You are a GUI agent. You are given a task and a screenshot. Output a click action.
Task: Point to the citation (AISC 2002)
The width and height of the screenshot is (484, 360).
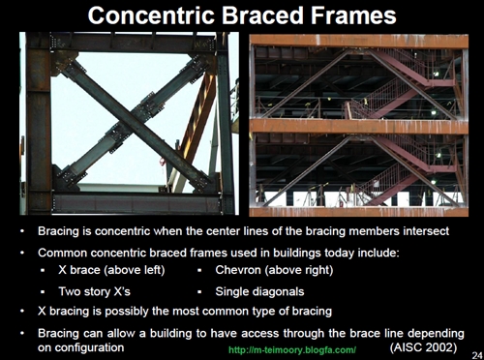(x=423, y=345)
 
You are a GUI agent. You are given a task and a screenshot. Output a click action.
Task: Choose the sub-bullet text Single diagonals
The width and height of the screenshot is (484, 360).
(x=259, y=289)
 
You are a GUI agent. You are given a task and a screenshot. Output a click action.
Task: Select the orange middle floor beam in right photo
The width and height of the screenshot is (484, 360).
(x=358, y=126)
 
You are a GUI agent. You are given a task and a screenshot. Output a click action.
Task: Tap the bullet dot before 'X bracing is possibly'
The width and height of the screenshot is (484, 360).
(x=23, y=311)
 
